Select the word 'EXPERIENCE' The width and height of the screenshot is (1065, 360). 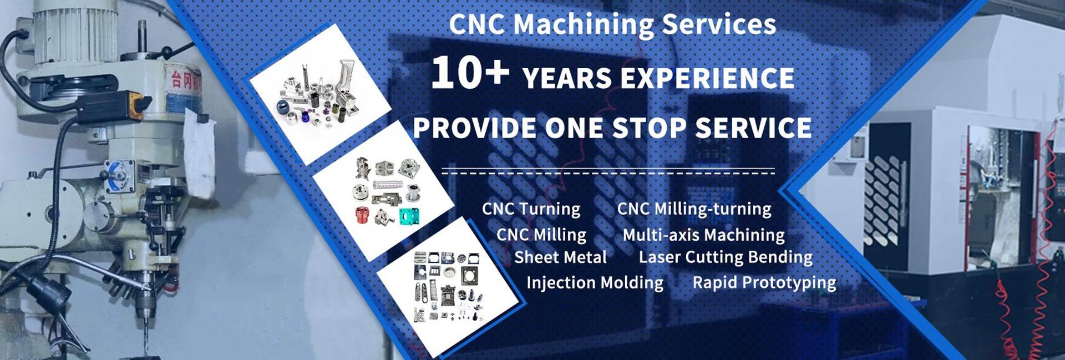707,78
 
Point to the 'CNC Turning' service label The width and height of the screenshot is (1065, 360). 531,209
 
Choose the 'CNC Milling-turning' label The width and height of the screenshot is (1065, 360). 694,209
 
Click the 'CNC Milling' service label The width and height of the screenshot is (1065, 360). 541,235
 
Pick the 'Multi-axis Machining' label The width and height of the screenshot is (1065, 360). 703,235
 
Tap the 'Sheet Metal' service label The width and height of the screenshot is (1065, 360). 560,257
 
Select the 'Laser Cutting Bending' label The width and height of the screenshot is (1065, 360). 726,257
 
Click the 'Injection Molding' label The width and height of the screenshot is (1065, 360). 595,283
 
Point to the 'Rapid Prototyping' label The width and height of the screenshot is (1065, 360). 764,283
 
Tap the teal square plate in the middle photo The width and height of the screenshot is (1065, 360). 409,215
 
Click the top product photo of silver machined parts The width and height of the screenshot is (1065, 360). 321,94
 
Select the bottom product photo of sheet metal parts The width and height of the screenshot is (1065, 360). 450,287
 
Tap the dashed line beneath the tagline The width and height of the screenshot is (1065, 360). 608,173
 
